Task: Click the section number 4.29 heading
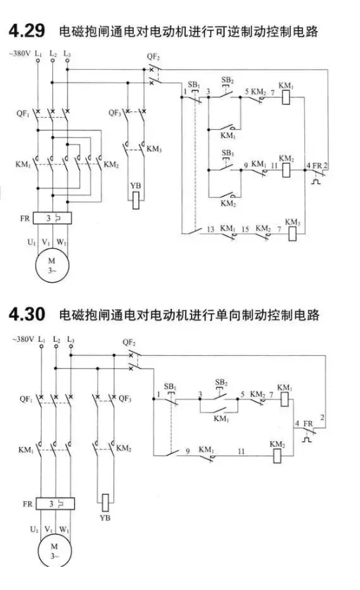pyautogui.click(x=27, y=30)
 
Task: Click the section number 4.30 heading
pyautogui.click(x=27, y=314)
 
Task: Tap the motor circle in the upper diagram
pyautogui.click(x=52, y=265)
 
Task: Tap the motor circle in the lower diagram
pyautogui.click(x=54, y=551)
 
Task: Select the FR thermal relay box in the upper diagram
pyautogui.click(x=52, y=219)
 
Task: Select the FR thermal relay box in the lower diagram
pyautogui.click(x=55, y=504)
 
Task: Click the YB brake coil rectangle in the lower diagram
pyautogui.click(x=106, y=503)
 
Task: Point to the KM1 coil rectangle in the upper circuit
pyautogui.click(x=286, y=97)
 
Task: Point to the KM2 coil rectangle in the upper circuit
pyautogui.click(x=286, y=170)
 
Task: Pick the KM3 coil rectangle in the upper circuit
pyautogui.click(x=292, y=233)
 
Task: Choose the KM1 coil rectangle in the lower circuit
pyautogui.click(x=285, y=399)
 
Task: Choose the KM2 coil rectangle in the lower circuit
pyautogui.click(x=277, y=456)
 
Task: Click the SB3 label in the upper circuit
pyautogui.click(x=228, y=153)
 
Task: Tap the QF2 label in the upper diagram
pyautogui.click(x=153, y=57)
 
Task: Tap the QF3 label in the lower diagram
pyautogui.click(x=125, y=398)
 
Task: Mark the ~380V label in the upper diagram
pyautogui.click(x=20, y=54)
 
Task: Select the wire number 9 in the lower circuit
pyautogui.click(x=187, y=450)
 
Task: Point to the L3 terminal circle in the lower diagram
pyautogui.click(x=70, y=346)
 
